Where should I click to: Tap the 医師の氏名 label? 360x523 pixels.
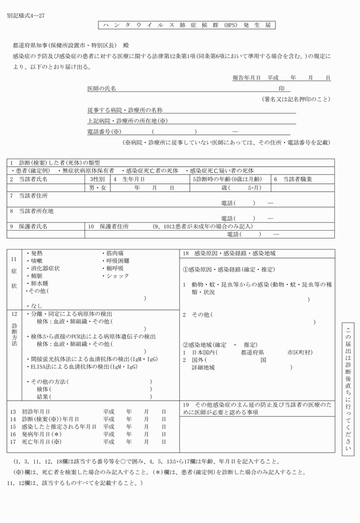(102, 88)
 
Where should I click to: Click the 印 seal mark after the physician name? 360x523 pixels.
(281, 88)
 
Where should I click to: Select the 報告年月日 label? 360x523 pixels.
(246, 77)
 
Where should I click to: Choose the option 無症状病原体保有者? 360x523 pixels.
(88, 171)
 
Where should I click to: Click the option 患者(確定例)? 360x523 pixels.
(32, 171)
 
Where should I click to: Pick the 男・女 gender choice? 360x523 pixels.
(98, 187)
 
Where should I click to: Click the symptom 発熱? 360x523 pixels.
(36, 252)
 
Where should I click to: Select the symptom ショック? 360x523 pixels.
(118, 276)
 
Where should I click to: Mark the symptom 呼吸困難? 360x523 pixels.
(118, 260)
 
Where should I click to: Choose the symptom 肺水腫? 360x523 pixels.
(39, 283)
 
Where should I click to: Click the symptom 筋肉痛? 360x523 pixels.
(114, 252)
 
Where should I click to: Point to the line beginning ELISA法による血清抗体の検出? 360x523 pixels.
(83, 367)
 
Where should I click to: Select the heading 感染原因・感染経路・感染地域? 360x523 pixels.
(235, 253)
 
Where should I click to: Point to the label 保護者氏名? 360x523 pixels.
(33, 226)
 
